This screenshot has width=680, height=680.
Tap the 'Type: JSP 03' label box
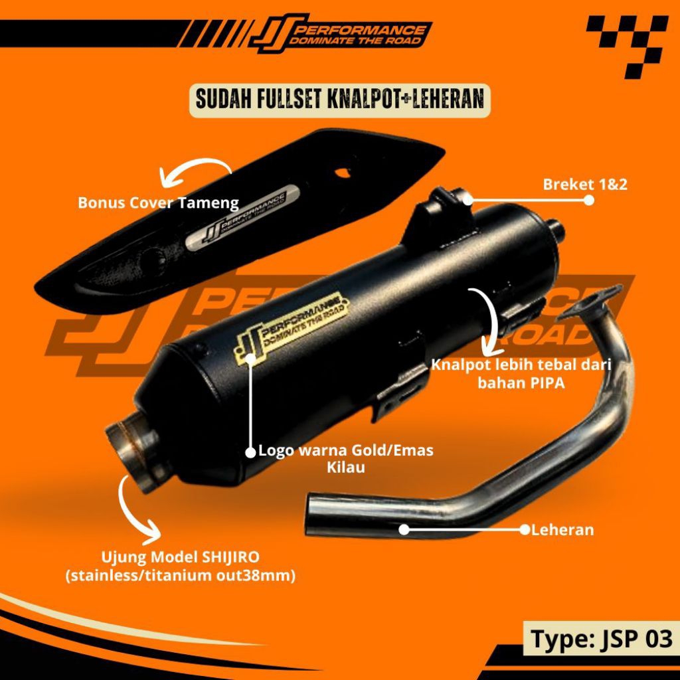click(602, 639)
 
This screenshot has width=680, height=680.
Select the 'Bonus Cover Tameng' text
click(158, 203)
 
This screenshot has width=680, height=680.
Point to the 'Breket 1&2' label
click(585, 185)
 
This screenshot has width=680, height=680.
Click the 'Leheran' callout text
click(562, 530)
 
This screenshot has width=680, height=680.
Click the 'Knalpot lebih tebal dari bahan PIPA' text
click(521, 374)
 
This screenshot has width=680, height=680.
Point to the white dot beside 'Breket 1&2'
click(588, 199)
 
